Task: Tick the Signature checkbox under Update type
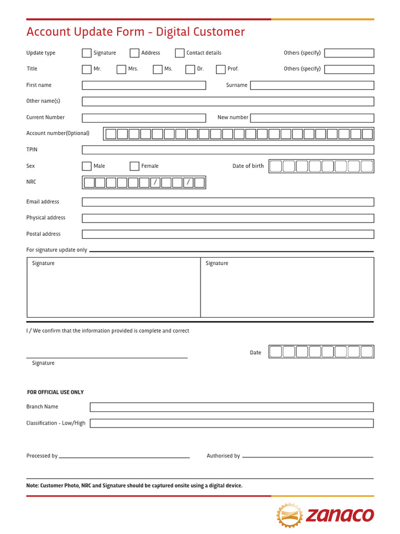86,53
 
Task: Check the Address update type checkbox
134,53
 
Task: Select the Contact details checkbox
180,53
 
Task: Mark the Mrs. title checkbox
121,69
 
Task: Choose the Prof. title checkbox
221,69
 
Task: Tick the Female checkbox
134,166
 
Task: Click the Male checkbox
86,166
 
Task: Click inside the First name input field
144,85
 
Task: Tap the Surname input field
312,85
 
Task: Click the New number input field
312,118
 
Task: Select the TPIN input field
228,150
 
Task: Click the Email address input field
228,202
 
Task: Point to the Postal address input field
228,234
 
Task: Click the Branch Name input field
231,407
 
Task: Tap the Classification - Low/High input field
231,423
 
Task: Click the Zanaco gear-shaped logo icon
290,516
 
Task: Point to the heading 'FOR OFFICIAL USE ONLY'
55,392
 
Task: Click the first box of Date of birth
276,166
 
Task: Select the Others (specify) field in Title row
349,69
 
